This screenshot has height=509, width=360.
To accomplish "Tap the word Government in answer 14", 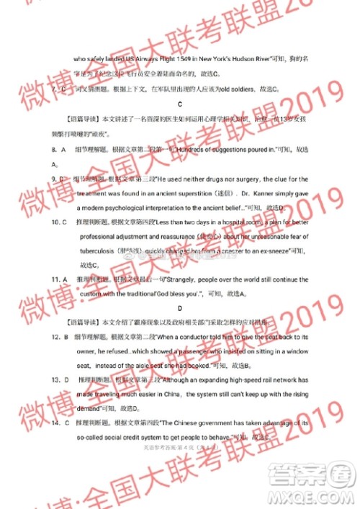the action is tap(221, 423).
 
